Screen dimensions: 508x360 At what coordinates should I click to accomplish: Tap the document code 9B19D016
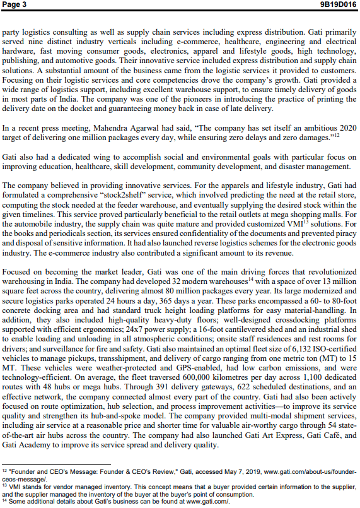pyautogui.click(x=339, y=4)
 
